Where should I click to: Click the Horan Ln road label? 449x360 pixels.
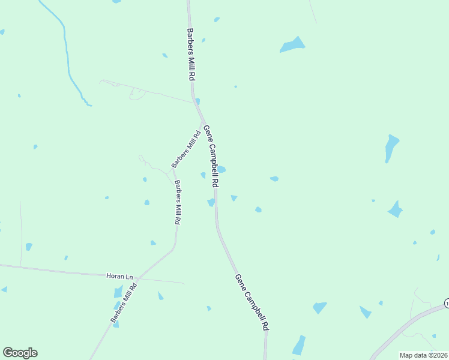[119, 276]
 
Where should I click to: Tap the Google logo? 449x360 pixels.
[20, 352]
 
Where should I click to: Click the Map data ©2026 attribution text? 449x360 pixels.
[423, 355]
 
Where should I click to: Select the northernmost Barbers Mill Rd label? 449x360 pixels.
[190, 55]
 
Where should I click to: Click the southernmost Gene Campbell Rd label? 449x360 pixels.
[252, 302]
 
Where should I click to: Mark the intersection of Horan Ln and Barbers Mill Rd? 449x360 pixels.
[137, 278]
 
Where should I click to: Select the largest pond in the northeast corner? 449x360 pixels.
[293, 45]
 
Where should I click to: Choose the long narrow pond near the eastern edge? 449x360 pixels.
[391, 148]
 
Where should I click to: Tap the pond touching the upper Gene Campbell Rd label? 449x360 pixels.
[221, 169]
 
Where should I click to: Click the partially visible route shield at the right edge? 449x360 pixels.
[447, 304]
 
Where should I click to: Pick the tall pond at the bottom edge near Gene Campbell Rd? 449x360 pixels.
[299, 346]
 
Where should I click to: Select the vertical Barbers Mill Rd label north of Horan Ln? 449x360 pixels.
[178, 202]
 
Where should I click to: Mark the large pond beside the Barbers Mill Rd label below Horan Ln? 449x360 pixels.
[118, 292]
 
